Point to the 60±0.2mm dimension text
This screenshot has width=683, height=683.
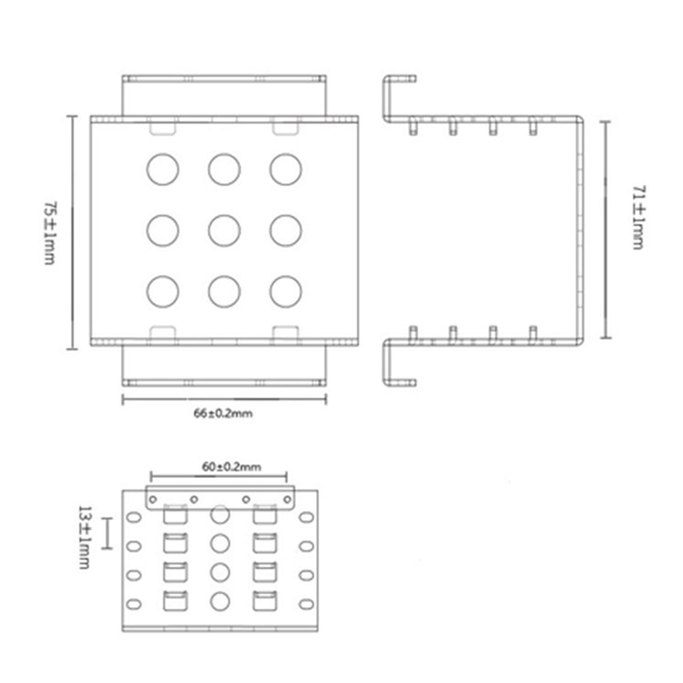pyautogui.click(x=232, y=467)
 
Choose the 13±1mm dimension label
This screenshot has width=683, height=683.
pyautogui.click(x=85, y=537)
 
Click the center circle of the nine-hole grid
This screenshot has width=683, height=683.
pyautogui.click(x=224, y=231)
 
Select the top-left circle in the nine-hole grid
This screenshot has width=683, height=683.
pyautogui.click(x=162, y=169)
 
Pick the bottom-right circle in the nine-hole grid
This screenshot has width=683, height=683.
pyautogui.click(x=285, y=291)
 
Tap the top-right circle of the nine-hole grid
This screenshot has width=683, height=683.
pyautogui.click(x=285, y=169)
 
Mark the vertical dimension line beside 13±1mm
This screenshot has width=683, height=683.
pyautogui.click(x=107, y=534)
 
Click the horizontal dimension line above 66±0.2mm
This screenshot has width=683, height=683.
pyautogui.click(x=224, y=399)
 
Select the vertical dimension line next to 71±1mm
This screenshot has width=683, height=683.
pyautogui.click(x=605, y=229)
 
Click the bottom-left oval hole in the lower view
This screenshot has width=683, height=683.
pyautogui.click(x=134, y=603)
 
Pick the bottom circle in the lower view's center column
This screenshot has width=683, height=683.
pyautogui.click(x=219, y=601)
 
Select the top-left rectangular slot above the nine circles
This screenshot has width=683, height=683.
pyautogui.click(x=162, y=128)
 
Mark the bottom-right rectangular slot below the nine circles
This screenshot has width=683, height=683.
pyautogui.click(x=285, y=332)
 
